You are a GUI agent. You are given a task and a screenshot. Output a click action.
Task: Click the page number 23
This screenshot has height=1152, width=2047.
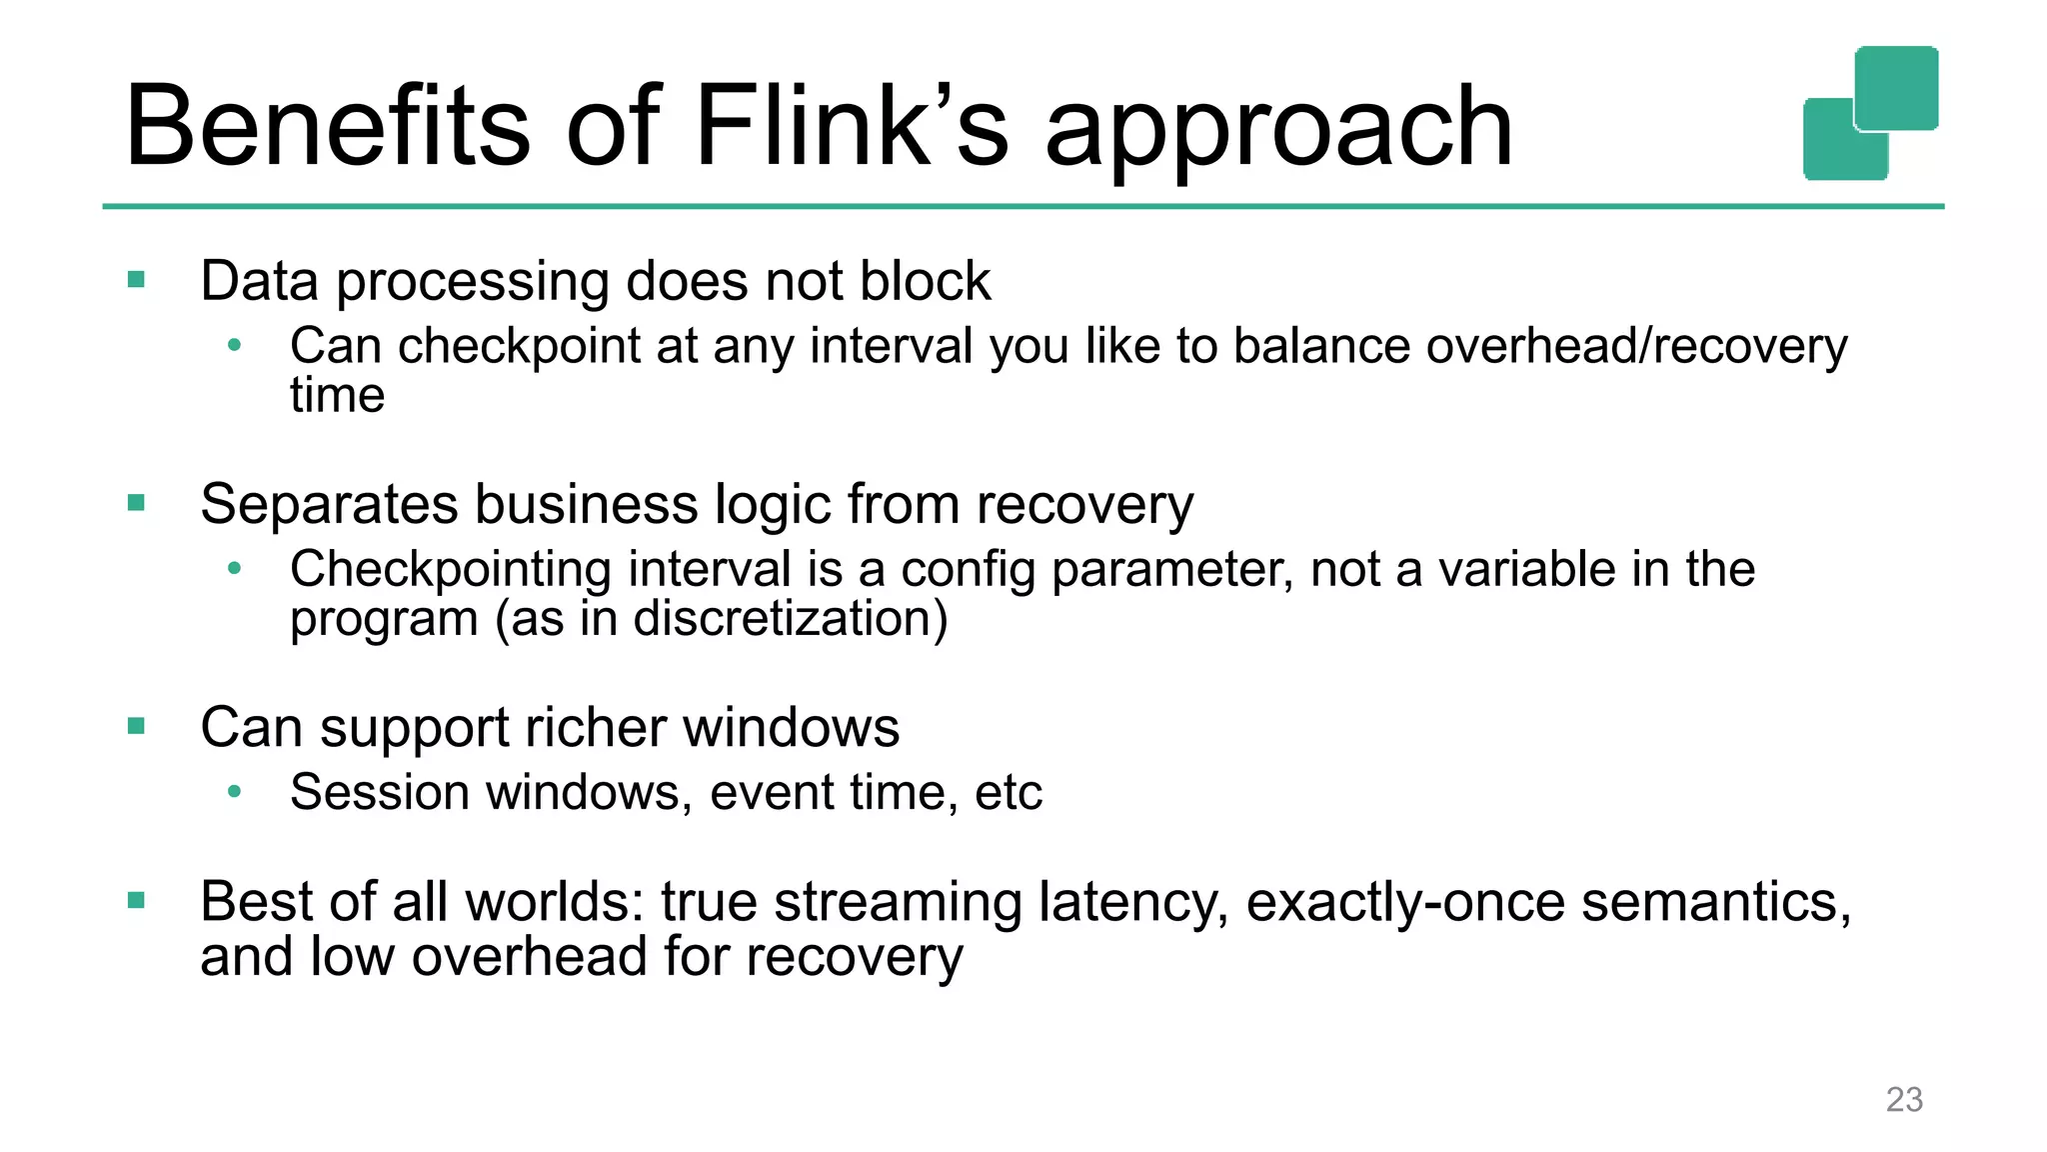coord(1903,1099)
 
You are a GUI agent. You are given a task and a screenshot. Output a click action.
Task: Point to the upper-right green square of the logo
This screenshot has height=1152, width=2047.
coord(1896,87)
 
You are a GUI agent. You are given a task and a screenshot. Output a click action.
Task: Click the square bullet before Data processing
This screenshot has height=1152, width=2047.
coord(137,280)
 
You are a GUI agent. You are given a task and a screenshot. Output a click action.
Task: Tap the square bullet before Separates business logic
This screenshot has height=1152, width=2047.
coord(137,503)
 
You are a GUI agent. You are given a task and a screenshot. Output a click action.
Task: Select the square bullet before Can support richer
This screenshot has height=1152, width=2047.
coord(137,726)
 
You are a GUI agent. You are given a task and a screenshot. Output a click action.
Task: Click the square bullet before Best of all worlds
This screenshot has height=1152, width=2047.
coord(137,901)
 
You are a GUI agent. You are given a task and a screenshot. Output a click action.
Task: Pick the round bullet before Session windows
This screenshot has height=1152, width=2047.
coord(235,792)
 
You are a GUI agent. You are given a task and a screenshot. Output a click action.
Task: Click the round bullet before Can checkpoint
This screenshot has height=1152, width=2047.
coord(235,346)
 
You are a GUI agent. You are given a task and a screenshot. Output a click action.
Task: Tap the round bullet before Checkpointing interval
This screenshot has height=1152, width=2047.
coord(235,569)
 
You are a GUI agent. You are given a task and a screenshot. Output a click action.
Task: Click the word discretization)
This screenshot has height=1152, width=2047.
coord(790,619)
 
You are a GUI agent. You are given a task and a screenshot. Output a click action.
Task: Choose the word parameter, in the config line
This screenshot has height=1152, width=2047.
coord(1171,571)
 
